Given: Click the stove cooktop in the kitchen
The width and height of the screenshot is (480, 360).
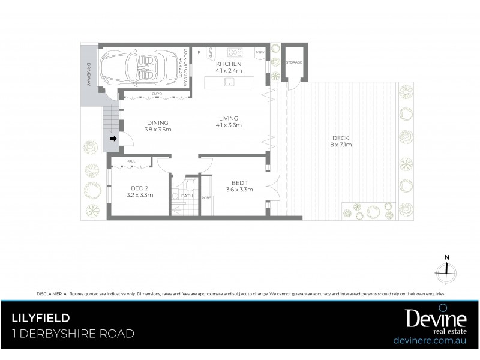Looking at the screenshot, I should tap(234, 52).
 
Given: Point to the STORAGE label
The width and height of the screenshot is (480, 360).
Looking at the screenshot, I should tap(294, 62).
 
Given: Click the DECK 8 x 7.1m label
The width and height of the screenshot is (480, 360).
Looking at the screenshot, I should tap(340, 141).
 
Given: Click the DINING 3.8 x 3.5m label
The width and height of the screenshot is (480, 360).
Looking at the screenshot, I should tap(158, 126).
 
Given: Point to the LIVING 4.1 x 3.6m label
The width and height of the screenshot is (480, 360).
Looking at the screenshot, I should tap(229, 122).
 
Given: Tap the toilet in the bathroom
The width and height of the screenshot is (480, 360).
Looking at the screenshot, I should tap(189, 186).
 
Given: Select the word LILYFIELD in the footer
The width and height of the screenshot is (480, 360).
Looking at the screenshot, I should tap(41, 318).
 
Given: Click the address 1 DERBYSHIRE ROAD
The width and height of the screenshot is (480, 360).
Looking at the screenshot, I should tap(73, 334).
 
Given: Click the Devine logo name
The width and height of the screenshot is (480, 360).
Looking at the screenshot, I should tap(427, 318).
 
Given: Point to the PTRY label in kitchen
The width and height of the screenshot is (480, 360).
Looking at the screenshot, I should tap(260, 52).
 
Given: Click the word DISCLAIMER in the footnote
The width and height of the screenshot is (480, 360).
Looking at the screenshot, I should tap(49, 294).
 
